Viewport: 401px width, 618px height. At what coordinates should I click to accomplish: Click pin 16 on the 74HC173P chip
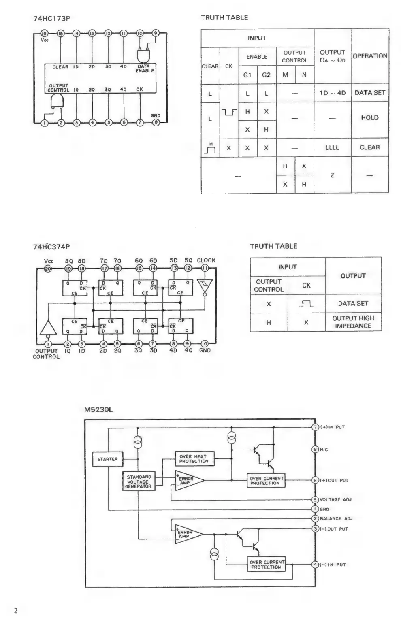click(x=45, y=34)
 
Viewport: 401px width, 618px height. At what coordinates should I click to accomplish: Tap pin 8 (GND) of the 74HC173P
click(x=156, y=122)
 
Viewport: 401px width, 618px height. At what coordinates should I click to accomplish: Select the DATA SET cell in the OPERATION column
click(x=370, y=93)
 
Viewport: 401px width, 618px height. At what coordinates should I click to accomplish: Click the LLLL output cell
click(x=332, y=148)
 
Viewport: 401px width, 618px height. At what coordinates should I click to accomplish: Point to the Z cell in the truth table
click(x=332, y=175)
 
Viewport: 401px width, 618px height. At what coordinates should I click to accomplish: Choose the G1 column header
click(x=247, y=75)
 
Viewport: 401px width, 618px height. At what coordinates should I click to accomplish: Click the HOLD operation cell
click(x=370, y=118)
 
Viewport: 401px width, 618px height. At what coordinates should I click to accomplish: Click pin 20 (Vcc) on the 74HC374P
click(x=48, y=268)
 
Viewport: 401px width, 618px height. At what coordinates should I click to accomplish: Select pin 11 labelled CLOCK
click(x=205, y=268)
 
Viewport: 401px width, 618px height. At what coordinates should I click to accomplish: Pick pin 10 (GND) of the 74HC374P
click(x=205, y=344)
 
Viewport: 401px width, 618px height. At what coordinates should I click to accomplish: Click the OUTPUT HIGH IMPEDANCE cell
click(x=353, y=322)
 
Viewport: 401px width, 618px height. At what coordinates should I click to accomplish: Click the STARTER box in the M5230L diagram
click(x=107, y=459)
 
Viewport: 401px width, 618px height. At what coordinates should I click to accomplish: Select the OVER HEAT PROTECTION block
click(x=194, y=459)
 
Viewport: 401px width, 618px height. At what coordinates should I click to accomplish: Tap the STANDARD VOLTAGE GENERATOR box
click(x=138, y=482)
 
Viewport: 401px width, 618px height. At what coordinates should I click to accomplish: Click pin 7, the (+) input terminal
click(x=316, y=427)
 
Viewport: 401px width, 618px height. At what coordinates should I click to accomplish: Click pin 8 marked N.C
click(x=316, y=450)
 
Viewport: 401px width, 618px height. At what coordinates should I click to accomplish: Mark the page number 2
click(x=16, y=611)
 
